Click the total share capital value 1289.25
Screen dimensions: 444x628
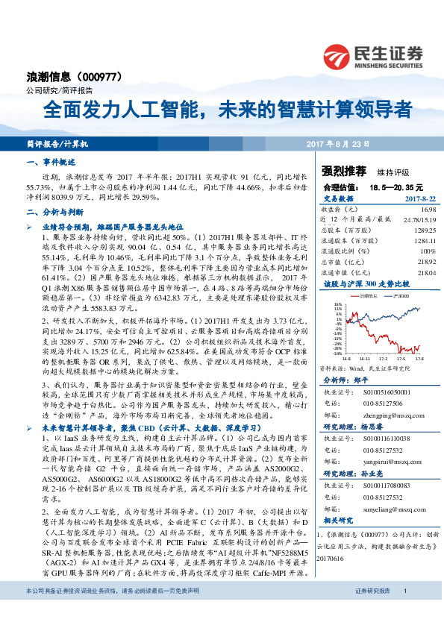click(x=423, y=230)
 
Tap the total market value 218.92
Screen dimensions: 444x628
click(x=425, y=264)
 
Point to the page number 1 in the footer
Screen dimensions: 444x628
click(x=404, y=612)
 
